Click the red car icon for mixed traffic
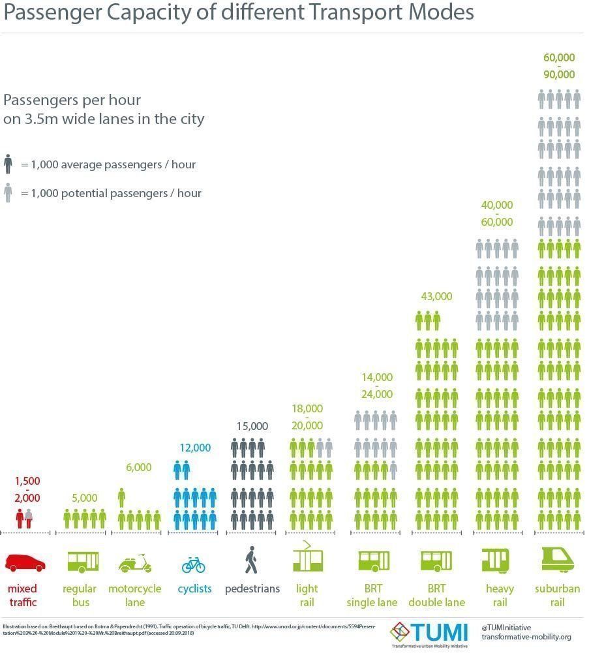click(25, 562)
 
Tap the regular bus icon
click(83, 560)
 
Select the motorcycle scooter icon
click(134, 562)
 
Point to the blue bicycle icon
click(193, 564)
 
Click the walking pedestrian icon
click(251, 560)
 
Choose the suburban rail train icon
click(558, 559)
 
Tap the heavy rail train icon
click(496, 560)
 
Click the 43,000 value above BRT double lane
click(436, 296)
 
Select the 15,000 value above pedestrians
click(252, 426)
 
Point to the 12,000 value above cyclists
click(195, 448)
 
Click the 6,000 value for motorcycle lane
click(138, 467)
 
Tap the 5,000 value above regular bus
click(84, 498)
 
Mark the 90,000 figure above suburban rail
click(559, 74)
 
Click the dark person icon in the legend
click(8, 164)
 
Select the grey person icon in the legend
click(8, 193)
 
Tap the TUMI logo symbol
click(399, 631)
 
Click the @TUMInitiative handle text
click(506, 627)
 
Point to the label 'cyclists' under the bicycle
click(194, 589)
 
